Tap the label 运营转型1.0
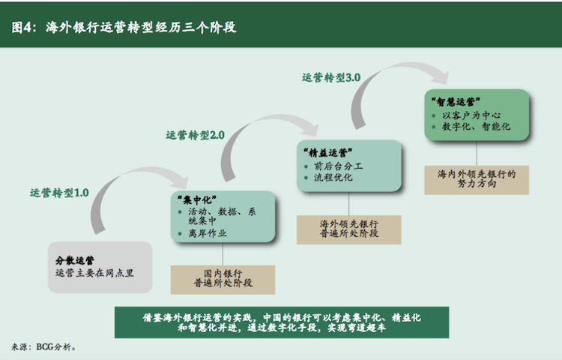pyautogui.click(x=59, y=193)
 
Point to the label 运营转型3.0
pyautogui.click(x=330, y=77)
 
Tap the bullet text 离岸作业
pyautogui.click(x=206, y=234)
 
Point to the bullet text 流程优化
pyautogui.click(x=334, y=178)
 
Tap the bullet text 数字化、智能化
pyautogui.click(x=477, y=127)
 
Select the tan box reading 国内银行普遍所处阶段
pyautogui.click(x=217, y=278)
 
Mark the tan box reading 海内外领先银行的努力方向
pyautogui.click(x=477, y=178)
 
